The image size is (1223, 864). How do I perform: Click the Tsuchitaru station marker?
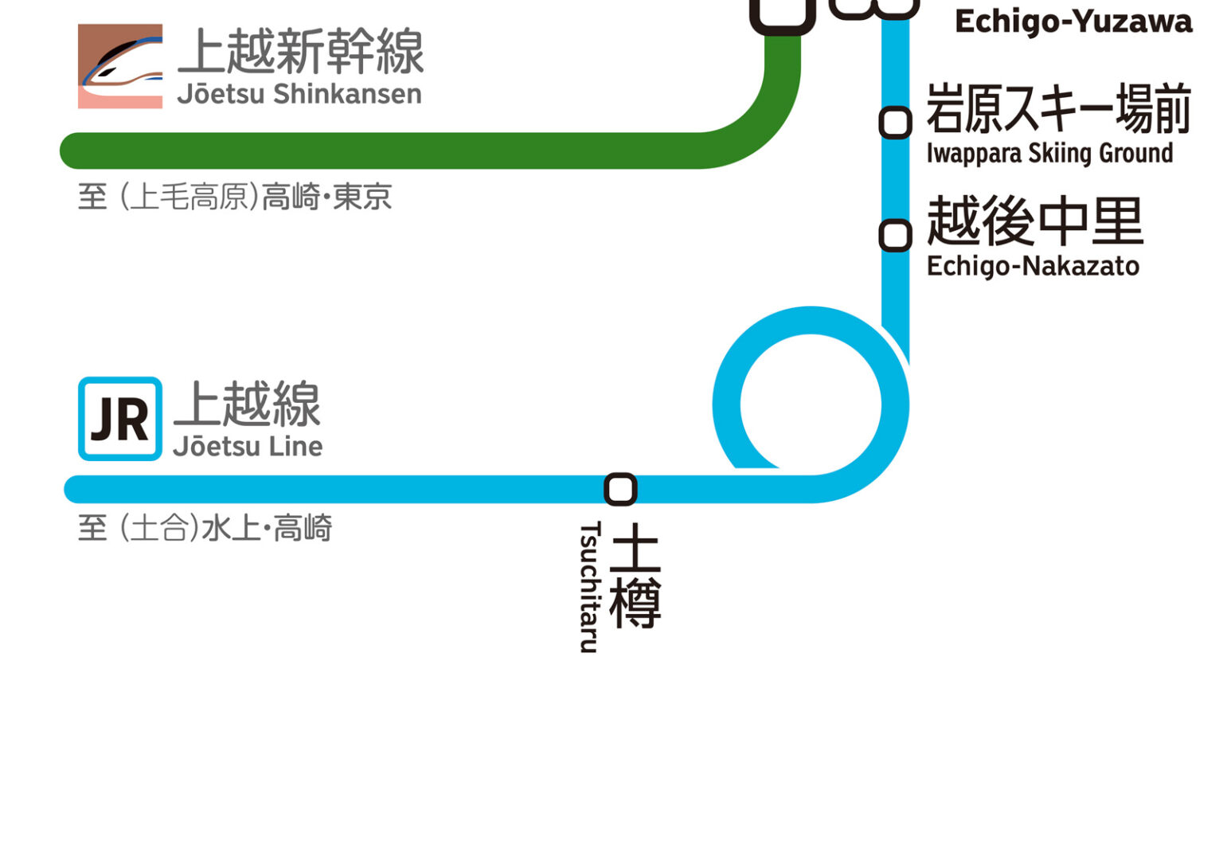pos(620,489)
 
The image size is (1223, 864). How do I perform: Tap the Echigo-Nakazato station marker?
pos(895,236)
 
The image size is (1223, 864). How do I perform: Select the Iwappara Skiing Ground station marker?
pos(895,123)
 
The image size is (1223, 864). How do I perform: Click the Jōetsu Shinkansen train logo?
pos(120,66)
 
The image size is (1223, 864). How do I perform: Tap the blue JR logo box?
pos(120,419)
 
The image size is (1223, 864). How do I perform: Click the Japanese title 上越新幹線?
pos(301,52)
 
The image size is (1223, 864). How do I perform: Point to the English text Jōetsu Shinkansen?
pos(299,94)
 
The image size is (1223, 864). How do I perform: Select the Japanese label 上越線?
pos(248,404)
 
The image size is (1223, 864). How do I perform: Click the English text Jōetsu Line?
pos(248,447)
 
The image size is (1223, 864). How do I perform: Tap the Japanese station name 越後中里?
pos(1035,221)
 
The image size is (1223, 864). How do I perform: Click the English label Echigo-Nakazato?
pos(1033,266)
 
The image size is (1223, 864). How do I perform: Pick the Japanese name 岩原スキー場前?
pos(1059,108)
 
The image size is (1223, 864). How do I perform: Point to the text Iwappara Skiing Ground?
pos(1049,153)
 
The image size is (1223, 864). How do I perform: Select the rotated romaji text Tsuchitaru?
pos(589,587)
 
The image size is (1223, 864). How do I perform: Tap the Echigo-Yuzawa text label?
pos(1073,22)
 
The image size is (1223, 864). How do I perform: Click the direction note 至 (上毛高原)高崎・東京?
pos(235,197)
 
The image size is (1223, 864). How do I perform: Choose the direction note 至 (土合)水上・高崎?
pos(205,528)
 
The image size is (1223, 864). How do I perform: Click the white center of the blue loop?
pos(811,405)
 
